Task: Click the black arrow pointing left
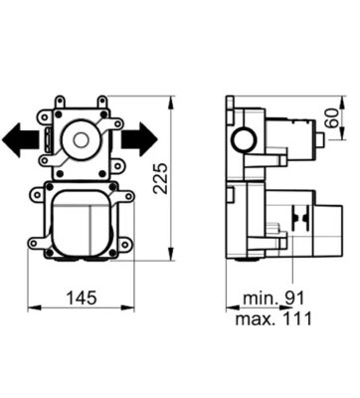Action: (x=21, y=139)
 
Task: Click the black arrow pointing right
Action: (x=139, y=139)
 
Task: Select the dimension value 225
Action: (x=162, y=178)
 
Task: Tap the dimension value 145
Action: (x=82, y=298)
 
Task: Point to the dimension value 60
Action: (x=332, y=117)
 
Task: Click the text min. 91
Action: (x=273, y=298)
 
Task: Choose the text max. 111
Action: (x=273, y=319)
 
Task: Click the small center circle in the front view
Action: (x=81, y=141)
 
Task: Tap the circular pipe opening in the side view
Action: (x=244, y=140)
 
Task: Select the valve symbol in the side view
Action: (x=300, y=218)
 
